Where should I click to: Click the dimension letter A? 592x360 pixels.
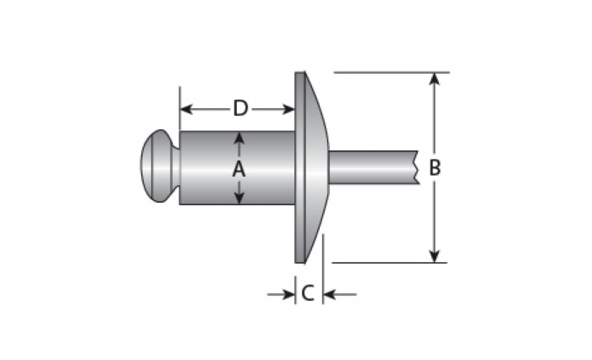238,168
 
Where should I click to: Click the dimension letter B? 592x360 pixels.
435,167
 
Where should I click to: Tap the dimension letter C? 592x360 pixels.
308,293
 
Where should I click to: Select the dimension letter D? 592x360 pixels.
240,108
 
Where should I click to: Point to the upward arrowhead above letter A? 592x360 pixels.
238,138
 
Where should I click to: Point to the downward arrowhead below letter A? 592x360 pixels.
239,198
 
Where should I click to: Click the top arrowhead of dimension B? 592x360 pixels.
435,79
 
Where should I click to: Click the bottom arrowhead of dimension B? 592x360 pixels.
435,256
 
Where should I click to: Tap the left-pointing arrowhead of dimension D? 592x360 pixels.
187,110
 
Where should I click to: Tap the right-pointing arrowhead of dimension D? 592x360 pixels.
288,110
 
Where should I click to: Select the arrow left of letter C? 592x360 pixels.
281,294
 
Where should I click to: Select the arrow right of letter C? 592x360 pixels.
340,294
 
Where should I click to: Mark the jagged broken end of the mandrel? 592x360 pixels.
417,167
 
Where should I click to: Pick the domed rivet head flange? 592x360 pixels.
310,167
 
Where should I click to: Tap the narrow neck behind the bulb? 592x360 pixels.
176,166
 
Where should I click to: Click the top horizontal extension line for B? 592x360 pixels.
392,72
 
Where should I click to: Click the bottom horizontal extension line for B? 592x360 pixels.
390,263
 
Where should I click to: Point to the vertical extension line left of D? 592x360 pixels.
179,109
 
